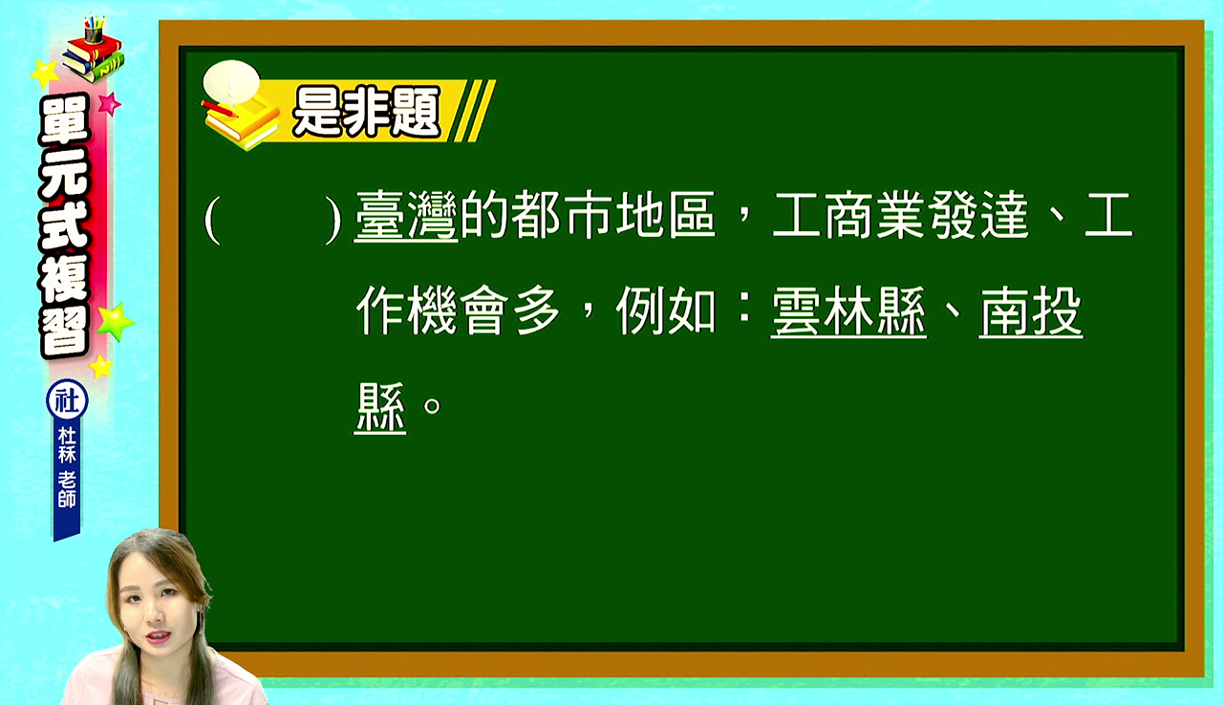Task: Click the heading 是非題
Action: [x=366, y=112]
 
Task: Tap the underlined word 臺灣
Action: [x=406, y=216]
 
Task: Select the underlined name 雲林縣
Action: [x=848, y=311]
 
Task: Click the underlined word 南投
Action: [x=1031, y=311]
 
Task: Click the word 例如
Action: [x=666, y=311]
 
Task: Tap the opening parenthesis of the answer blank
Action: [x=212, y=220]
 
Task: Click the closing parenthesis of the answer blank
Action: [x=333, y=220]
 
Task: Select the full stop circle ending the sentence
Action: [x=433, y=405]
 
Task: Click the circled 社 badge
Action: [x=67, y=400]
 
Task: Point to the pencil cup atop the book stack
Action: [x=94, y=31]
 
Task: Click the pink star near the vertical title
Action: [x=109, y=104]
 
